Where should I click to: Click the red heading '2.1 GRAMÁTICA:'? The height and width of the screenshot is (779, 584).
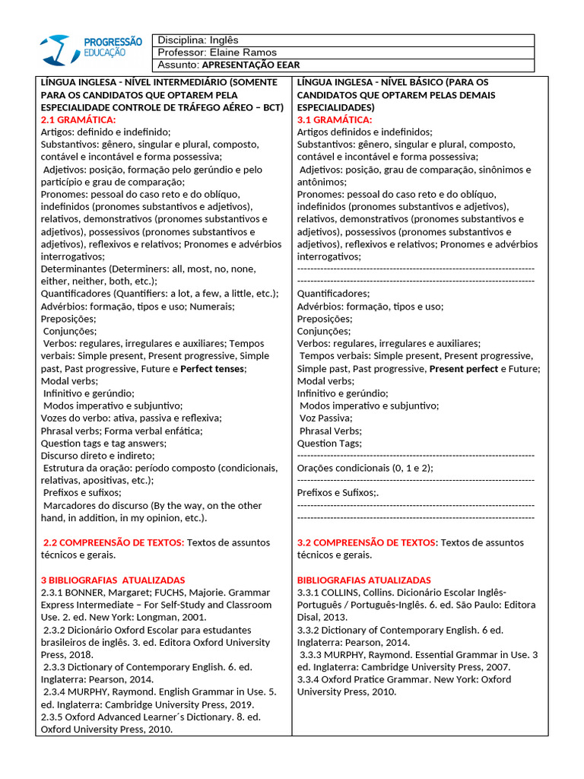tap(78, 119)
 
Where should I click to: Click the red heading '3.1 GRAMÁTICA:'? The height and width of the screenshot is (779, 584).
tap(335, 119)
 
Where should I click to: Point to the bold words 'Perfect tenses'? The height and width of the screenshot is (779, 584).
tap(212, 368)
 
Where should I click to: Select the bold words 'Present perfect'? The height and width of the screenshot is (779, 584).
tap(463, 368)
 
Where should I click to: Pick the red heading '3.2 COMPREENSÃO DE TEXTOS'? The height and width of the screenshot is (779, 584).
tap(367, 542)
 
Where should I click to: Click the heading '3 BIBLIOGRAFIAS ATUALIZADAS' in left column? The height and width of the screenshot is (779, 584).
tap(113, 580)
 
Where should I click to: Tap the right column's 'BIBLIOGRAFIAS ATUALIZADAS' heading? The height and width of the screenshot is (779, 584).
tap(363, 580)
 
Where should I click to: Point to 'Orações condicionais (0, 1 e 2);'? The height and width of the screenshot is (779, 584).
tap(365, 468)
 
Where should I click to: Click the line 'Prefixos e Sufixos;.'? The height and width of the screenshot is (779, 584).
tap(338, 492)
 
